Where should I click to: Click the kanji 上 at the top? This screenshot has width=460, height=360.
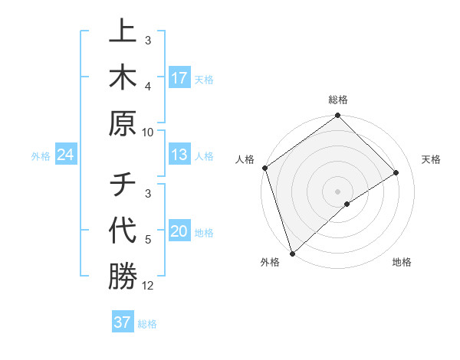123,33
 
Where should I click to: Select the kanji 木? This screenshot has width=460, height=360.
123,77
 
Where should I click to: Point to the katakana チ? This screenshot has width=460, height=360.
123,185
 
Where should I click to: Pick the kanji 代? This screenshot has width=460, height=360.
123,230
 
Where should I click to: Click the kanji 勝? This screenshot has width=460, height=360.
123,276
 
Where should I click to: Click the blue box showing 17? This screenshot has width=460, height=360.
179,78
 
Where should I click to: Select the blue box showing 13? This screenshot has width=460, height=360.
179,155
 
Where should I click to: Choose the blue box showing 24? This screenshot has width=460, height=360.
65,155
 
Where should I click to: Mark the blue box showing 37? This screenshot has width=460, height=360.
122,322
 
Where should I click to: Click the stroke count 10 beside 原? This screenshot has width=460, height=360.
148,132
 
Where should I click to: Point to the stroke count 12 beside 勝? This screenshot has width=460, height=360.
148,286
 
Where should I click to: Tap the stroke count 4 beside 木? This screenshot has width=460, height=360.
148,86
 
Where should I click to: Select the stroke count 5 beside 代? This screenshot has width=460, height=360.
148,240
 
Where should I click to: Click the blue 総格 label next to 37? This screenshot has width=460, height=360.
147,324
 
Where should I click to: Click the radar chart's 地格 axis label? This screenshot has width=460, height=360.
402,263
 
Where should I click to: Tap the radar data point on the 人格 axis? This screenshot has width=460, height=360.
264,168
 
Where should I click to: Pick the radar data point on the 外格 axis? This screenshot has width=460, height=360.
292,253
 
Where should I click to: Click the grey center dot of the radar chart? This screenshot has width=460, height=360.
337,191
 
